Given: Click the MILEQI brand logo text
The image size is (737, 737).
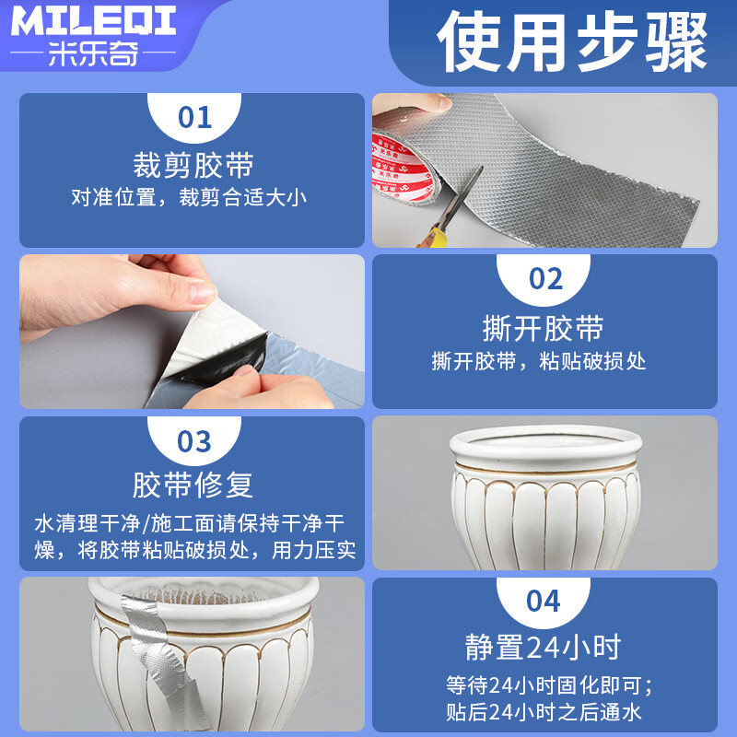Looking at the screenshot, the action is pyautogui.click(x=94, y=21).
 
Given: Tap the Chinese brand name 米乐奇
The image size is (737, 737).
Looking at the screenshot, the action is pyautogui.click(x=94, y=55).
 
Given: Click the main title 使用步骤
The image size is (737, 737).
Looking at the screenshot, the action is pyautogui.click(x=572, y=43).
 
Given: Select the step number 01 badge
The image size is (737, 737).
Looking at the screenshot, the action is pyautogui.click(x=194, y=118).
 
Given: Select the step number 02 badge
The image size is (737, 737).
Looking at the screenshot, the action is pyautogui.click(x=544, y=279).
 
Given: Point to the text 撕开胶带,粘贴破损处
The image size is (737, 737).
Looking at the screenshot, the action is pyautogui.click(x=539, y=361).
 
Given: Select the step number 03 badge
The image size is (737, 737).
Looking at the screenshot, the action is pyautogui.click(x=194, y=440).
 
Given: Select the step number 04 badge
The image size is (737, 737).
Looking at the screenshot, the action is pyautogui.click(x=544, y=602).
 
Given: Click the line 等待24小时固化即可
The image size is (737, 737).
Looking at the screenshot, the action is pyautogui.click(x=544, y=684).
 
